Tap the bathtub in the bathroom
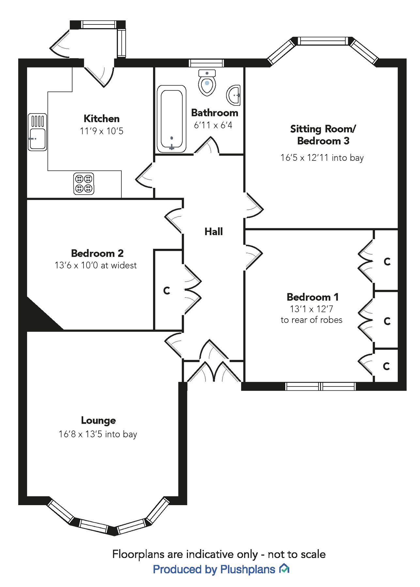171,119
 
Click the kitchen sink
37,132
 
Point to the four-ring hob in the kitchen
84,184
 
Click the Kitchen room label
101,118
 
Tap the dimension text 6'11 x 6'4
213,125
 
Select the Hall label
213,232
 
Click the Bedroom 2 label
97,253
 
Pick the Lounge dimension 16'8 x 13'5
98,434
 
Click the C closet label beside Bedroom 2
166,290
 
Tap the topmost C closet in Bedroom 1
387,261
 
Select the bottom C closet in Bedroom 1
386,366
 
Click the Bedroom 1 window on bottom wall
320,386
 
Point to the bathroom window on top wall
206,63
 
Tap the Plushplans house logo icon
284,569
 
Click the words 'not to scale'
296,554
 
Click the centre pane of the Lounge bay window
94,526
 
